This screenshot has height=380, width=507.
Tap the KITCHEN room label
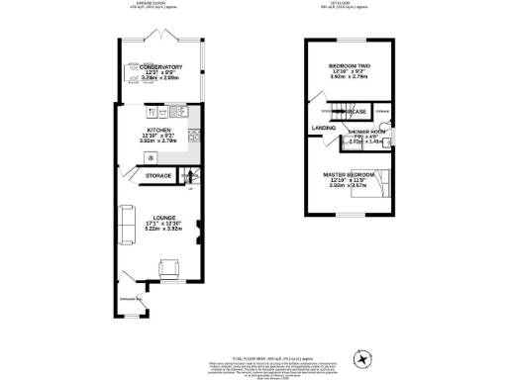pyautogui.click(x=160, y=130)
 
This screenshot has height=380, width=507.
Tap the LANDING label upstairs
pyautogui.click(x=322, y=128)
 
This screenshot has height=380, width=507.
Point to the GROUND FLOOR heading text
pyautogui.click(x=152, y=4)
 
